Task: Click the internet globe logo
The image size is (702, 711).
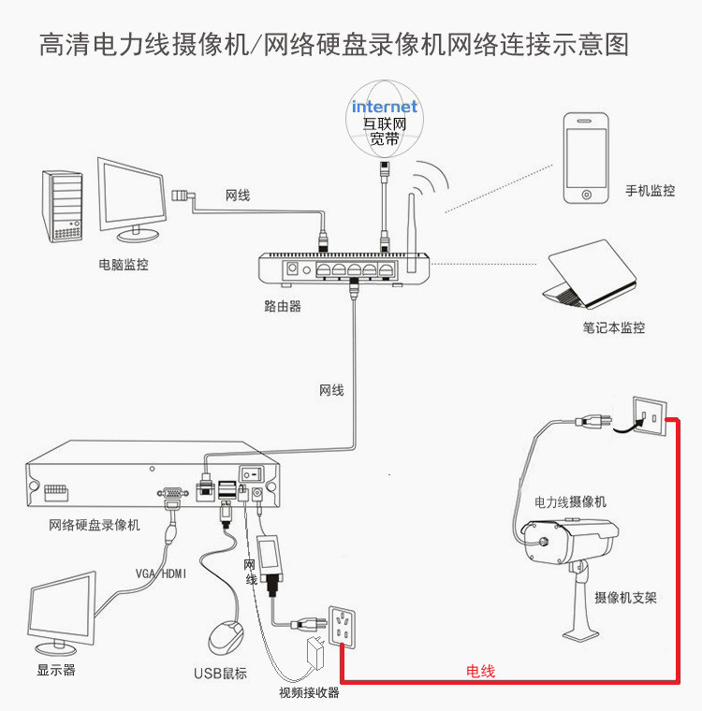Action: click(384, 119)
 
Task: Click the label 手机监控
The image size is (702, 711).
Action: click(650, 191)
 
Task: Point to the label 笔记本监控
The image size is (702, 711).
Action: click(613, 327)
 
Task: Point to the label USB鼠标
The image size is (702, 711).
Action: click(220, 673)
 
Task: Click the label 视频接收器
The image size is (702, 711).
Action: click(309, 693)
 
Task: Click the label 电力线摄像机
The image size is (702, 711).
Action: click(570, 501)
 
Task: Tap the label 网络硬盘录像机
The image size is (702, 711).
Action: click(95, 525)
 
